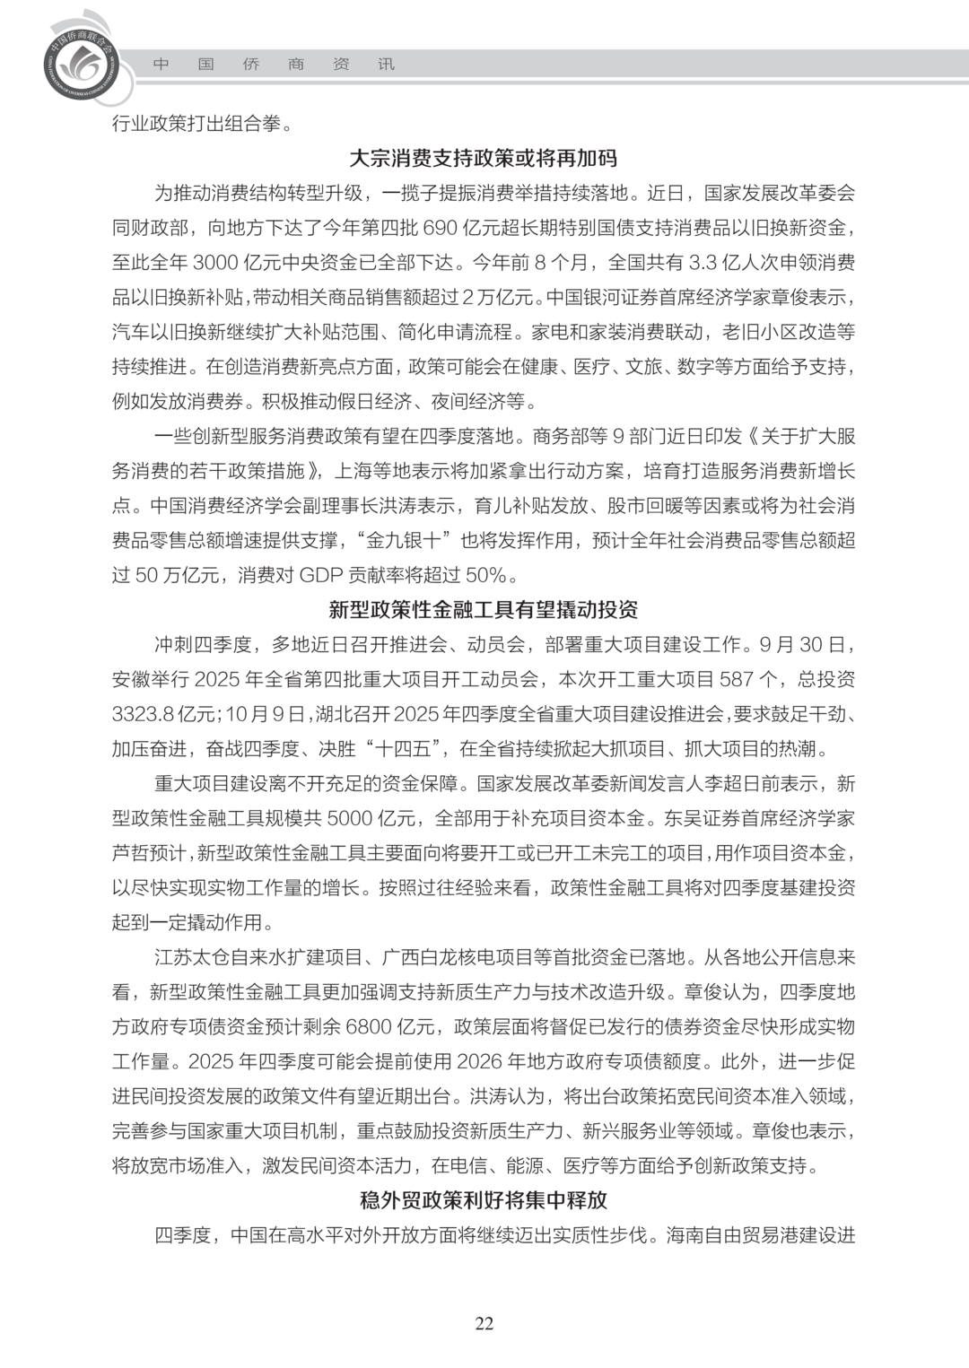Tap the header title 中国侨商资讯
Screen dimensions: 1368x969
274,65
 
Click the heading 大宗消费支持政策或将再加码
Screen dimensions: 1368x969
484,158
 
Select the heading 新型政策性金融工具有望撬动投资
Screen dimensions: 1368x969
484,610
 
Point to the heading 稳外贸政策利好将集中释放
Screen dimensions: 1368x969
484,1200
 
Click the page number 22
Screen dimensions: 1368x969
484,1324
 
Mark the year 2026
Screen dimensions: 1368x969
479,1062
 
